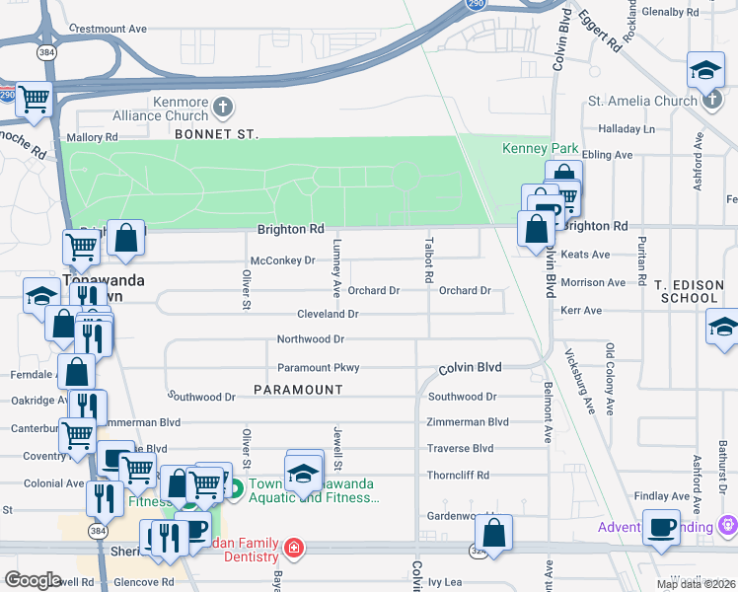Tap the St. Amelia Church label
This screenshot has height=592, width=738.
tap(641, 101)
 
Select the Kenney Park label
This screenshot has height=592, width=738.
tap(540, 148)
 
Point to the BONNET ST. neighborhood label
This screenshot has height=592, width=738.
tap(215, 133)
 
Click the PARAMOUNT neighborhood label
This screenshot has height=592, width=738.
tap(298, 390)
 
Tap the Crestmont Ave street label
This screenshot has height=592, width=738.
tap(109, 30)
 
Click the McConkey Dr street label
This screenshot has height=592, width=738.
tap(282, 261)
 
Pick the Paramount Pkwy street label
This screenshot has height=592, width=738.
tap(318, 368)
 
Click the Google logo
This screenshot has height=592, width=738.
tap(32, 580)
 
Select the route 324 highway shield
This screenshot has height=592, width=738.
tap(480, 551)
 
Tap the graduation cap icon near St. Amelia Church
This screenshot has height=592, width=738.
tap(704, 69)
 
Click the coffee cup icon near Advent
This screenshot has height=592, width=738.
tap(660, 526)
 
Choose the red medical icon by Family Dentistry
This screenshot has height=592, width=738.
tap(293, 547)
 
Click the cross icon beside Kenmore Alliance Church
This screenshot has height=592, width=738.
tap(224, 106)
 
